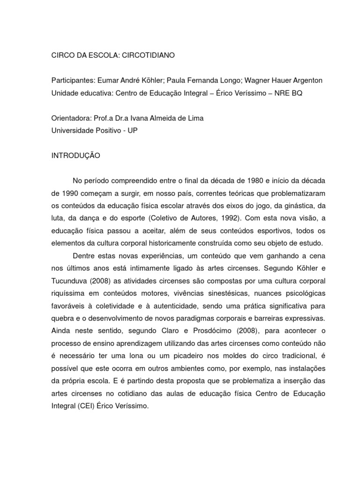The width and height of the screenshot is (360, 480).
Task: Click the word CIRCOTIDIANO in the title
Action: click(x=146, y=55)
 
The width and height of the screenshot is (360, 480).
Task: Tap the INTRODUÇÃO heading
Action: click(x=75, y=156)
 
